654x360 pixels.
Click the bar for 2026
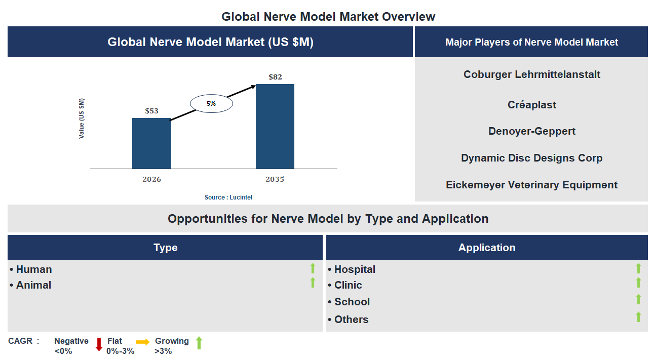click(x=151, y=143)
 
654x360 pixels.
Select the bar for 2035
click(x=275, y=127)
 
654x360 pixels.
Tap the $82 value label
click(x=275, y=77)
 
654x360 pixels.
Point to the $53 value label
click(x=151, y=111)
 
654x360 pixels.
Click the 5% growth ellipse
click(x=211, y=104)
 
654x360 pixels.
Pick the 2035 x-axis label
click(x=275, y=179)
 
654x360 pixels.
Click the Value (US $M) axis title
click(x=82, y=118)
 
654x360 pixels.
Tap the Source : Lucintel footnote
click(x=228, y=197)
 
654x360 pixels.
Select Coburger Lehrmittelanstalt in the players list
click(x=531, y=74)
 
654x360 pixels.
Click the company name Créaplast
click(x=531, y=105)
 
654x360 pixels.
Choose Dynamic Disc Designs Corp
click(x=531, y=158)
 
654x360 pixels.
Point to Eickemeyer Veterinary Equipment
click(x=531, y=185)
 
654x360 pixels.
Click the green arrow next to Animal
click(x=313, y=283)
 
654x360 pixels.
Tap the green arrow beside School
click(x=638, y=299)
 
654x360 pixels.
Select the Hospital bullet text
click(x=354, y=269)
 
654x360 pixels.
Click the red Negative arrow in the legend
click(x=99, y=344)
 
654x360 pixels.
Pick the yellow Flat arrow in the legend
click(x=143, y=342)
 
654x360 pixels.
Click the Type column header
click(x=165, y=248)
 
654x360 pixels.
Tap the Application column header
click(x=486, y=248)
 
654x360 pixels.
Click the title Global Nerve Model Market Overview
click(x=328, y=17)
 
